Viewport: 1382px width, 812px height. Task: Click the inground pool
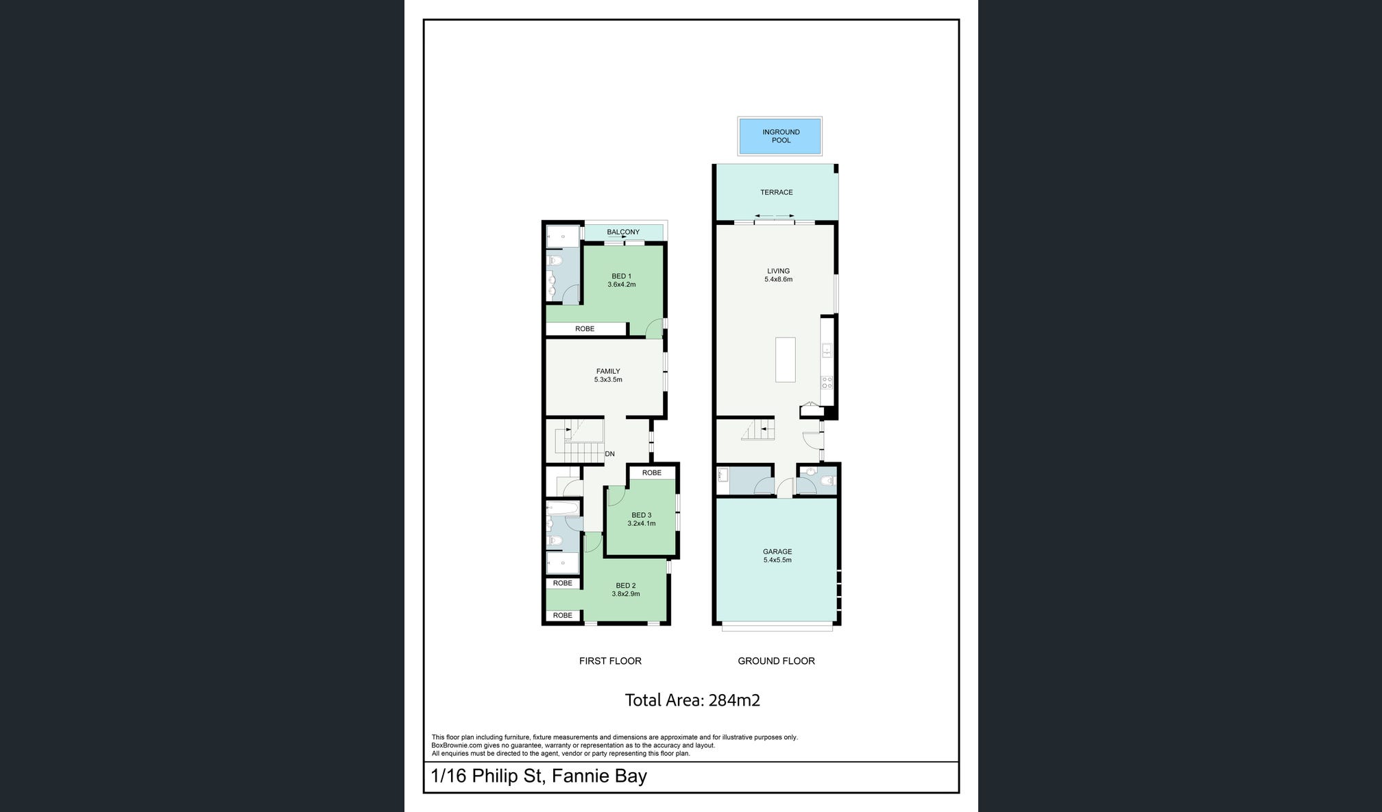pyautogui.click(x=780, y=136)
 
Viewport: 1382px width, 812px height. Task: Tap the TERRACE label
pyautogui.click(x=777, y=193)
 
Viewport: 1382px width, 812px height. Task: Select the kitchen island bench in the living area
pyautogui.click(x=786, y=359)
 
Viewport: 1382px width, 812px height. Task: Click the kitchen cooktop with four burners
pyautogui.click(x=827, y=382)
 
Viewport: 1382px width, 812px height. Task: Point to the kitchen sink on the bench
pyautogui.click(x=827, y=350)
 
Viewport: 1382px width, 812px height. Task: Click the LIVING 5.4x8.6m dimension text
pyautogui.click(x=779, y=280)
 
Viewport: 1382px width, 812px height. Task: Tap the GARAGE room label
pyautogui.click(x=777, y=551)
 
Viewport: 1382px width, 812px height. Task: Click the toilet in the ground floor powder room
pyautogui.click(x=827, y=481)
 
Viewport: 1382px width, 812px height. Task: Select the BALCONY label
pyautogui.click(x=623, y=232)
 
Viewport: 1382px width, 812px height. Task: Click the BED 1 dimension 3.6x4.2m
pyautogui.click(x=622, y=285)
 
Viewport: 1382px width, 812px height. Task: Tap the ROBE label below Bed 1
pyautogui.click(x=585, y=329)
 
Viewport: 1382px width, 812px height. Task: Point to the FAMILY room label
pyautogui.click(x=608, y=372)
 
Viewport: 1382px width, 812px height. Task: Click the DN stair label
pyautogui.click(x=610, y=454)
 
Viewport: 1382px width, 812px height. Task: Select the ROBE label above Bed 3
pyautogui.click(x=652, y=473)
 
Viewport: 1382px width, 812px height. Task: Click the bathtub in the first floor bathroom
pyautogui.click(x=563, y=509)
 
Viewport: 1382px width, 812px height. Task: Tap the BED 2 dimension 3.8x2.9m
pyautogui.click(x=626, y=594)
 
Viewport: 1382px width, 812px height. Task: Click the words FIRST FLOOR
pyautogui.click(x=610, y=661)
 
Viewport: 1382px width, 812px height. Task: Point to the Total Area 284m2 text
pyautogui.click(x=692, y=700)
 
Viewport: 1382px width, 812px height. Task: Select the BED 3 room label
pyautogui.click(x=642, y=515)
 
